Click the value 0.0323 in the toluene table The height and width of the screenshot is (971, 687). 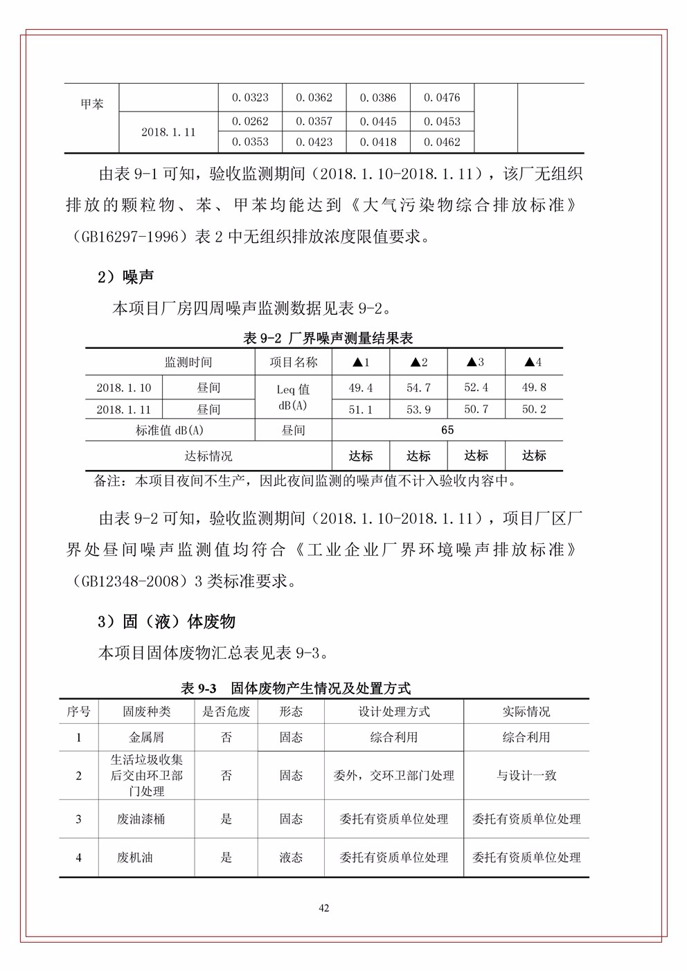click(x=250, y=98)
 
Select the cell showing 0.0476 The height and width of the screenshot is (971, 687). click(x=442, y=98)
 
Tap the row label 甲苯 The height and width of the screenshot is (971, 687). click(x=91, y=105)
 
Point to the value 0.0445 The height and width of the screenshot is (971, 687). click(x=378, y=122)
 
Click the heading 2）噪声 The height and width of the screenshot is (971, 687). click(x=125, y=277)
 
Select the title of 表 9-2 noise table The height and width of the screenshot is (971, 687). click(x=328, y=338)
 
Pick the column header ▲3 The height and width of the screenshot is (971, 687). click(x=476, y=362)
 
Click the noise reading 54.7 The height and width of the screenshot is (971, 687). click(x=418, y=388)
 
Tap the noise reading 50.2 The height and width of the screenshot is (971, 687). click(x=533, y=409)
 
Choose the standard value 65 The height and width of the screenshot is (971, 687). click(x=447, y=430)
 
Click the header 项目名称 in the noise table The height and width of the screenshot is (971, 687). click(x=294, y=362)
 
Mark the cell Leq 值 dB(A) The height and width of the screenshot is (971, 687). click(x=294, y=398)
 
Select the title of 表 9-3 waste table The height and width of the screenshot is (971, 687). click(x=296, y=688)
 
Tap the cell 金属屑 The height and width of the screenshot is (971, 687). click(x=147, y=737)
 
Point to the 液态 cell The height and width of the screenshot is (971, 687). click(x=291, y=857)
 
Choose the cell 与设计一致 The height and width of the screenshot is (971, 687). click(x=526, y=776)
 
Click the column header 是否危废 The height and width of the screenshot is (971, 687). click(x=226, y=711)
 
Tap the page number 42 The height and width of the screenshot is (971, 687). click(x=324, y=908)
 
